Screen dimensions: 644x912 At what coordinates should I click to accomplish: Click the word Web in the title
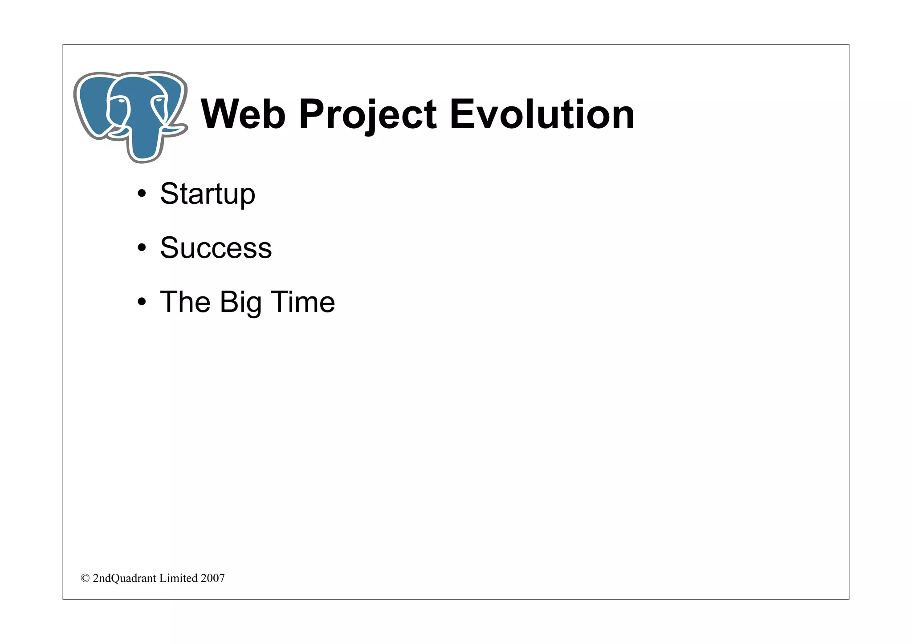(x=243, y=114)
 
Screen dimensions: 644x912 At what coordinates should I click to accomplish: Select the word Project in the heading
(x=367, y=114)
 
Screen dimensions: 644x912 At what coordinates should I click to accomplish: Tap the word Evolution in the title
(x=542, y=114)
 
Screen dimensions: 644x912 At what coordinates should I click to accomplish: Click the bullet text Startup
(x=208, y=194)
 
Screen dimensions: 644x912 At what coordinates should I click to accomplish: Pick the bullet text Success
(x=216, y=248)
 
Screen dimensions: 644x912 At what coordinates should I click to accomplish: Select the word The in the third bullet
(x=185, y=302)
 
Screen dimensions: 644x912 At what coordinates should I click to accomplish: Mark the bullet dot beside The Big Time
(x=142, y=302)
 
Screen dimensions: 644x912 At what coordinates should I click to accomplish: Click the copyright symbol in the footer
(x=85, y=578)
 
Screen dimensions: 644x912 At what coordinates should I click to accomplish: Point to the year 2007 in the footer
(x=212, y=578)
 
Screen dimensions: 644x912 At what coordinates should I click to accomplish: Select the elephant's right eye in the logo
(x=159, y=102)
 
